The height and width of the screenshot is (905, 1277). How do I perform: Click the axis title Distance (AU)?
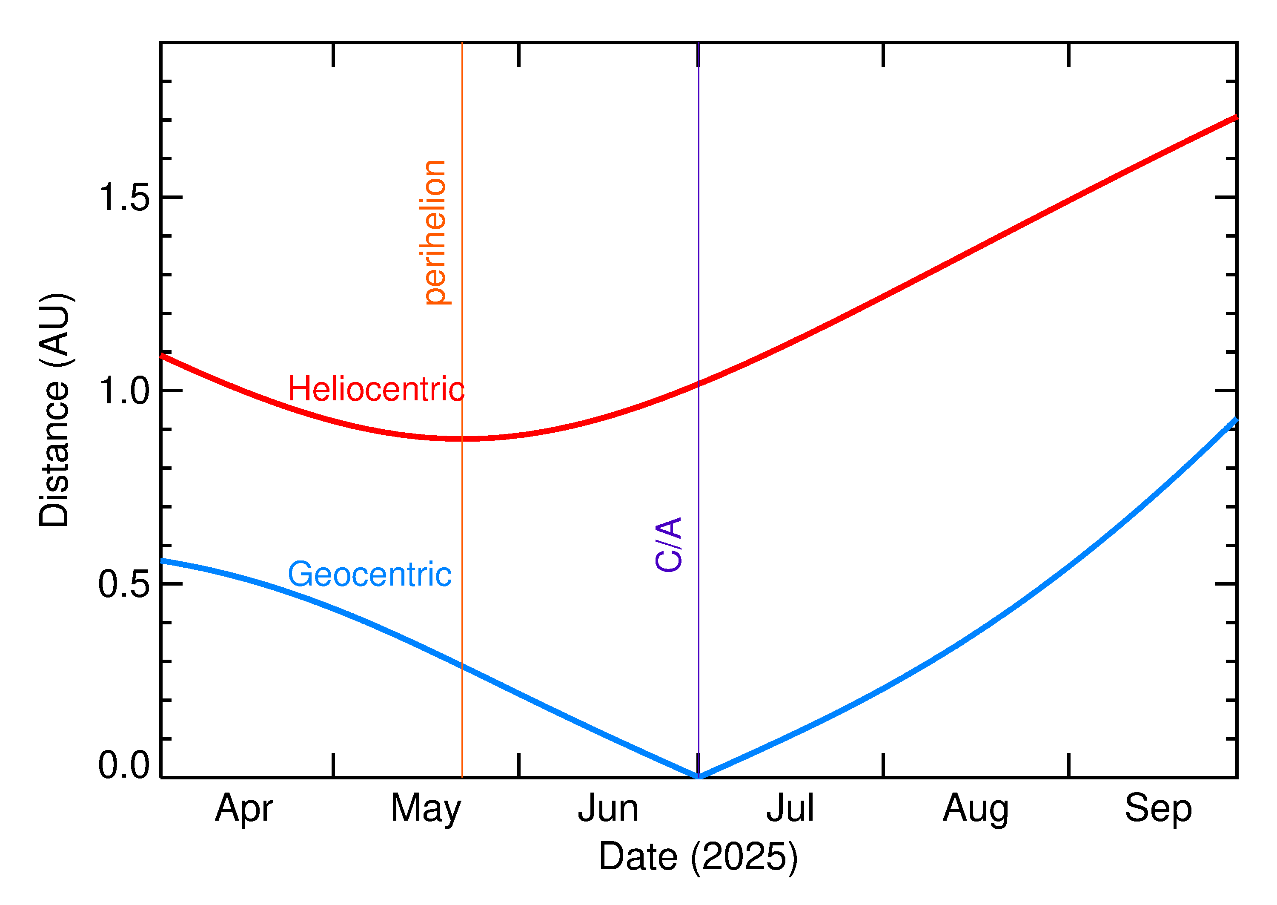(54, 410)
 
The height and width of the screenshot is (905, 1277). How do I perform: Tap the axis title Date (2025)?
(698, 856)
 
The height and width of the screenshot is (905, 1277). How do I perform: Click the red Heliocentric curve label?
(376, 389)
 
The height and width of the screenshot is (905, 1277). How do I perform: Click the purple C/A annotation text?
(669, 544)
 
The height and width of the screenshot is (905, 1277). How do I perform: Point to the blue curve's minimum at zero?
(699, 776)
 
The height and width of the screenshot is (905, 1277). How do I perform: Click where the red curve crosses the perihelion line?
(462, 439)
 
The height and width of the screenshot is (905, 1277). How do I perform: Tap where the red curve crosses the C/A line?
(699, 383)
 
